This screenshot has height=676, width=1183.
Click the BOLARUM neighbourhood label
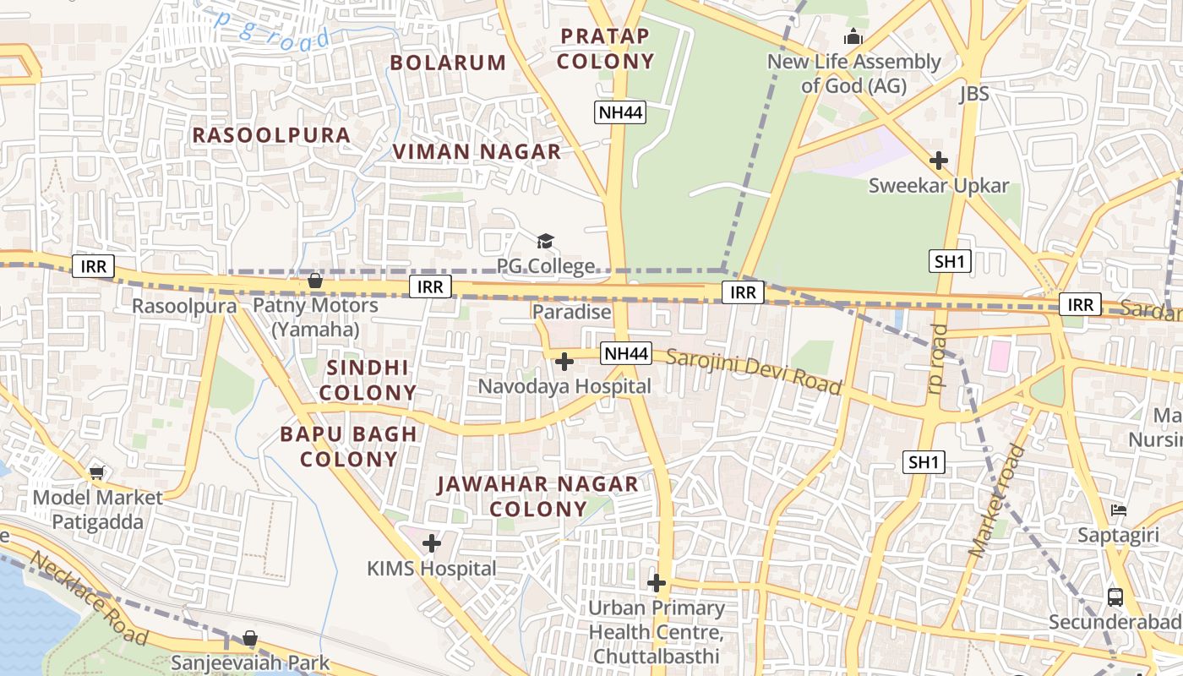(x=447, y=63)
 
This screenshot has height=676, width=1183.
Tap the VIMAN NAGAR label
(x=477, y=151)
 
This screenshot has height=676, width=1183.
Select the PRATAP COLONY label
(x=605, y=48)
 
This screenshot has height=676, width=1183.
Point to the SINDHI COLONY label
(x=368, y=379)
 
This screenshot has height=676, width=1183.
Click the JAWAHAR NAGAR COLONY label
(x=537, y=496)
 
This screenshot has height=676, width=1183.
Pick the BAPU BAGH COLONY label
(x=349, y=446)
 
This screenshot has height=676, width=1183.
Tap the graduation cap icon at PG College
(x=545, y=242)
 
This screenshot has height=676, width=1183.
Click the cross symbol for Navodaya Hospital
(x=564, y=362)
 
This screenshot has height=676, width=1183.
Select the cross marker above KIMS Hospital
(x=432, y=542)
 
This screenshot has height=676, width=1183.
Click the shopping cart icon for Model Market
(x=97, y=472)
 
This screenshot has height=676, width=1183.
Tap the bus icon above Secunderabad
(x=1115, y=597)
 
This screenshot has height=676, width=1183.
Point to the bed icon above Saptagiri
(x=1118, y=510)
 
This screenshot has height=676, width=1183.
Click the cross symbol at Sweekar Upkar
(x=938, y=160)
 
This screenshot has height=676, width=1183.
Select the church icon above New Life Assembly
(x=853, y=36)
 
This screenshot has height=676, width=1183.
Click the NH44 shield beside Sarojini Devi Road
(x=626, y=353)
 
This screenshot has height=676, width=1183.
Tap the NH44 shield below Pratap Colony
(x=620, y=112)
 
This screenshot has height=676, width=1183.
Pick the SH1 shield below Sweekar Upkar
(x=950, y=261)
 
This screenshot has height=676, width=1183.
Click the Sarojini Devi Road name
(x=754, y=370)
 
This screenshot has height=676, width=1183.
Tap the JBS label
(x=973, y=94)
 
